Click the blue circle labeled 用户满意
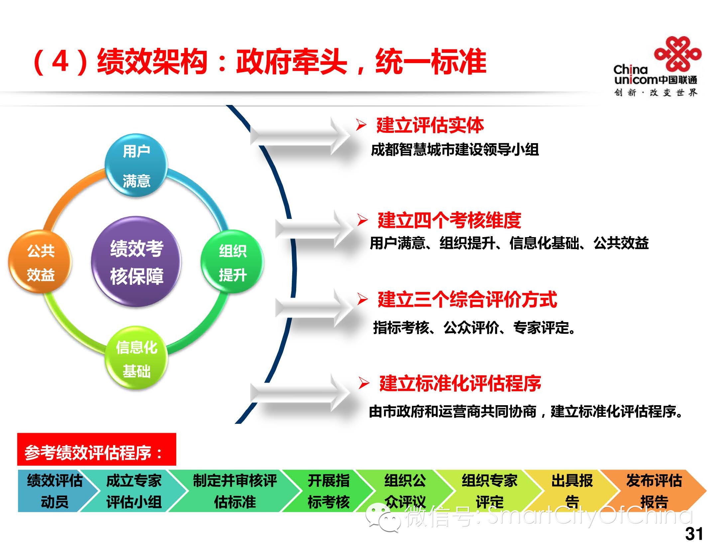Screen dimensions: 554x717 pos(136,165)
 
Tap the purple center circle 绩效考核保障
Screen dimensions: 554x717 pos(136,262)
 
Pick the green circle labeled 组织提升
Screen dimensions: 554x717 pos(232,262)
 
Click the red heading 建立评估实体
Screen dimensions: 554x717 pos(430,126)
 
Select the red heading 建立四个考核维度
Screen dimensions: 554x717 pos(449,220)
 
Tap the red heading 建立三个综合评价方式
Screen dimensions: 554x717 pos(467,300)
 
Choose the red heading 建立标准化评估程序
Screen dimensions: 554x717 pos(460,384)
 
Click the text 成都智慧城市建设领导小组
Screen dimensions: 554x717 pos(454,150)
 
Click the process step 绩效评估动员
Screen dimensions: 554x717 pos(54,491)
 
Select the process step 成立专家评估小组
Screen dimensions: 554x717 pos(134,491)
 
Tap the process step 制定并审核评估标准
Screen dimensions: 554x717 pos(235,491)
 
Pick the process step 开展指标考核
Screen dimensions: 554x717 pos(328,491)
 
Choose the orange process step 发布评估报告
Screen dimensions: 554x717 pos(654,491)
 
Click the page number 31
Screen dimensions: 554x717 pos(694,534)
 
